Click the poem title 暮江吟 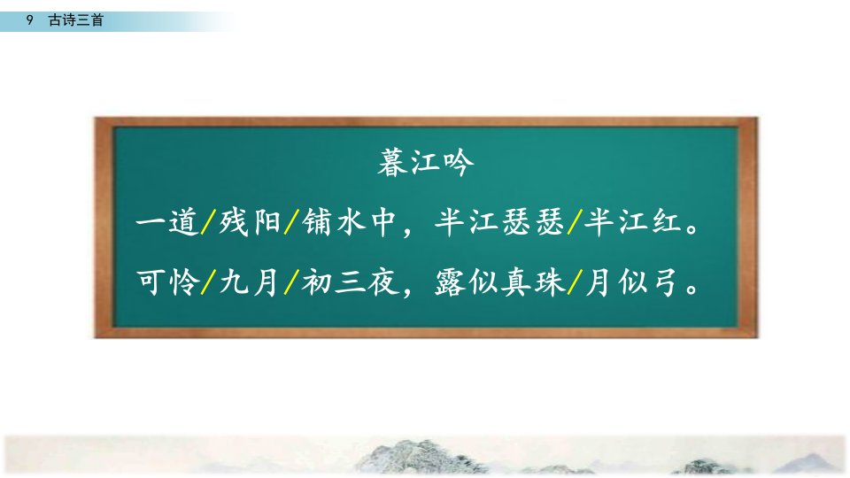coord(426,163)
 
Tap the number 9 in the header coord(30,20)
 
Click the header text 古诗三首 coord(76,20)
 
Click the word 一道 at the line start coord(167,222)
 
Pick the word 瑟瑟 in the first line coord(533,222)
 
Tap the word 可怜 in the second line coord(167,282)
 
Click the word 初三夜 coord(351,282)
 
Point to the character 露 coord(451,282)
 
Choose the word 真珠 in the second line coord(533,282)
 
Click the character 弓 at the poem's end coord(663,282)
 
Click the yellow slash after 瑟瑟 coord(575,222)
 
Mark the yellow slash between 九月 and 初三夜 coord(291,282)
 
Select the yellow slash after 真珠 coord(575,282)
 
